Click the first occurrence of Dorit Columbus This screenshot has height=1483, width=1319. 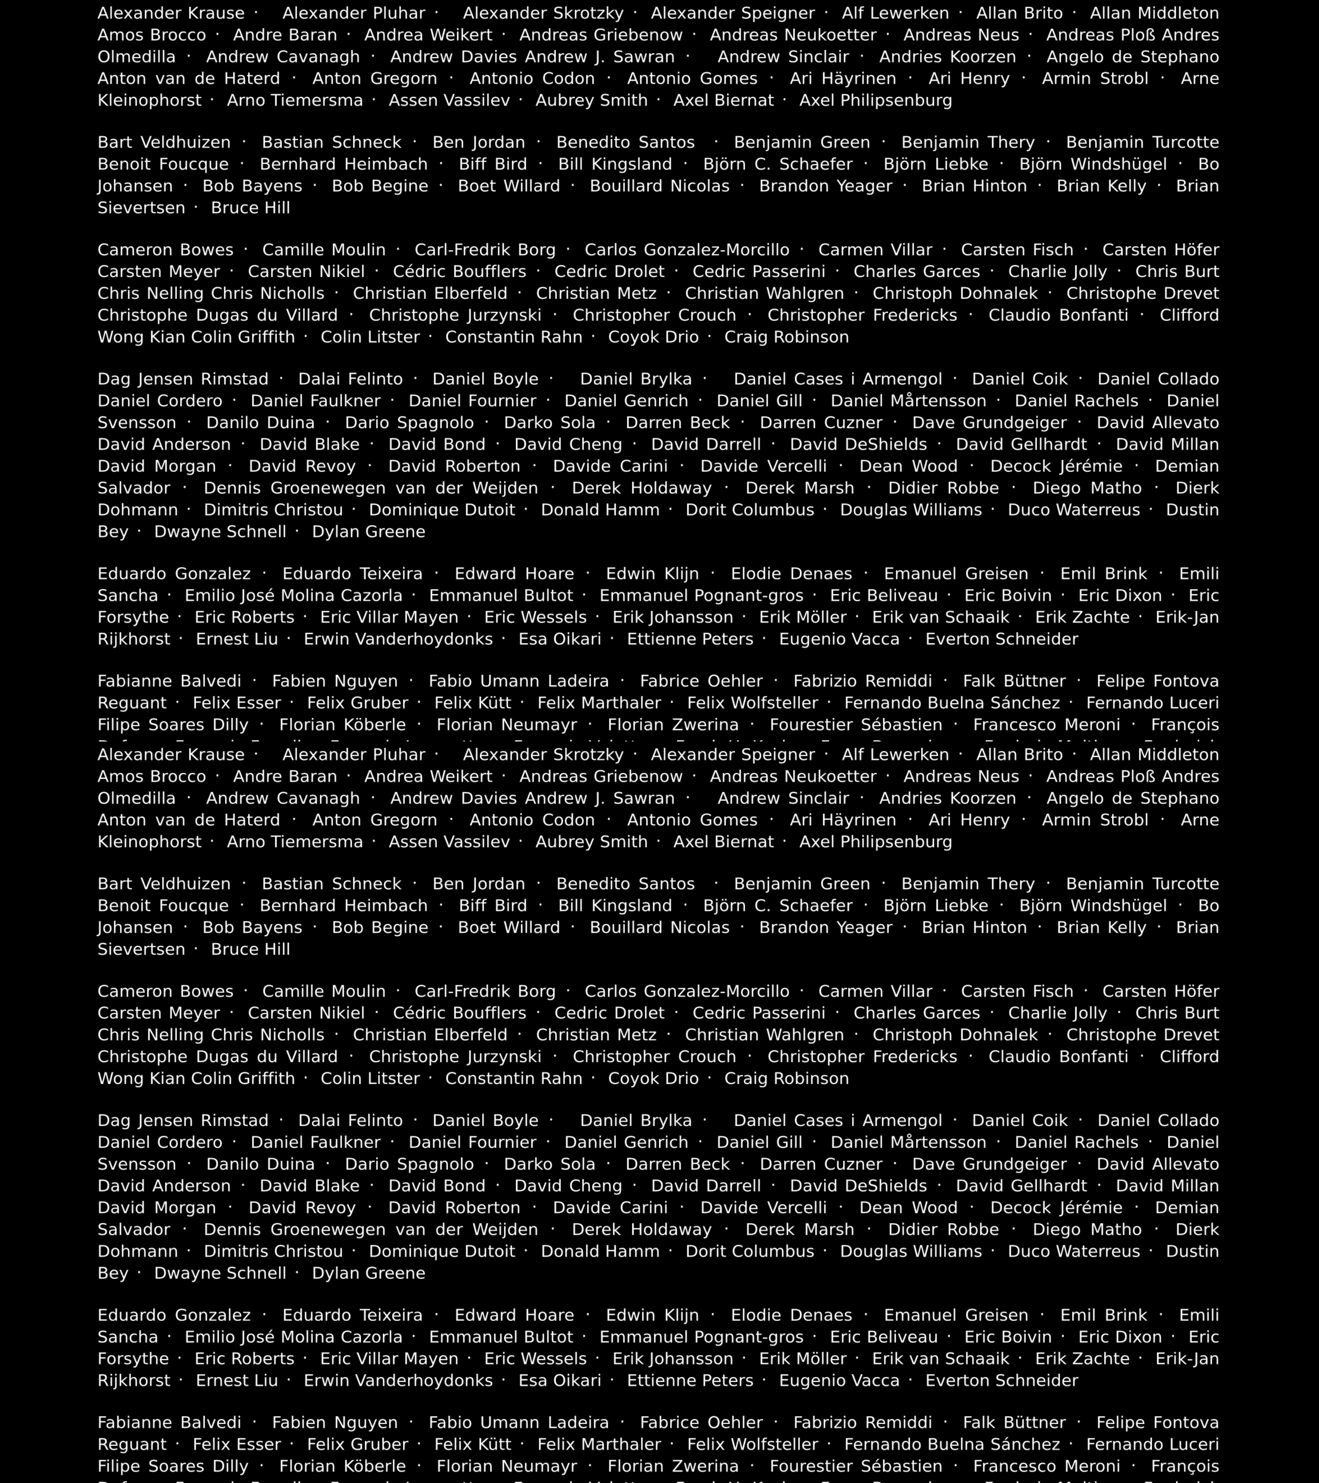pos(750,510)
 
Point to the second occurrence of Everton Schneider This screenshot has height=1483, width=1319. pos(1002,1381)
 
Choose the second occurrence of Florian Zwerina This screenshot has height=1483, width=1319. pos(673,1466)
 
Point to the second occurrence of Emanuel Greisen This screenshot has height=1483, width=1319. pos(956,1315)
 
